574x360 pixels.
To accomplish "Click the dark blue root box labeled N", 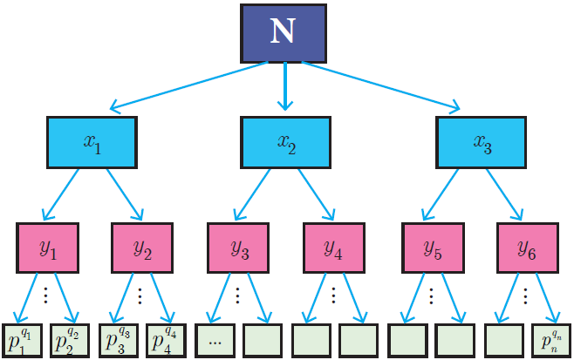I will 284,33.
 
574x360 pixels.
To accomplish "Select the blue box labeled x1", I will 92,140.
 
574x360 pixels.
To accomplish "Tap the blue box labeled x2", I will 285,140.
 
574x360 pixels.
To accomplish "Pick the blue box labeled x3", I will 481,140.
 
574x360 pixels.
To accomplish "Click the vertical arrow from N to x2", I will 284,87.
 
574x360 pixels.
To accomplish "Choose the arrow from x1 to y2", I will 124,193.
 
